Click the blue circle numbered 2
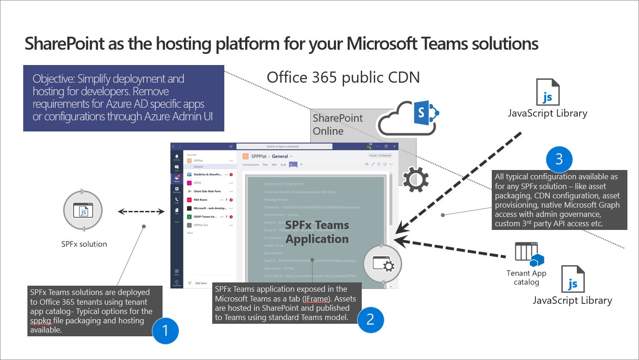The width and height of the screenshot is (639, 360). click(370, 318)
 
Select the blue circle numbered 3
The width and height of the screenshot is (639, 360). click(559, 159)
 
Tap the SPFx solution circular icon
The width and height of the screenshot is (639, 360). click(84, 212)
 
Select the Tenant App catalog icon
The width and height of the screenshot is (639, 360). click(528, 254)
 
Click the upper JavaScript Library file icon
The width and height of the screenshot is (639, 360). click(548, 92)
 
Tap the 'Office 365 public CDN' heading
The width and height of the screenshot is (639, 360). click(343, 78)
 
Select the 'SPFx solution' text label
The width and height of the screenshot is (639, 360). click(84, 244)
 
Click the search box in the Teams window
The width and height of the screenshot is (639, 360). click(284, 146)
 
